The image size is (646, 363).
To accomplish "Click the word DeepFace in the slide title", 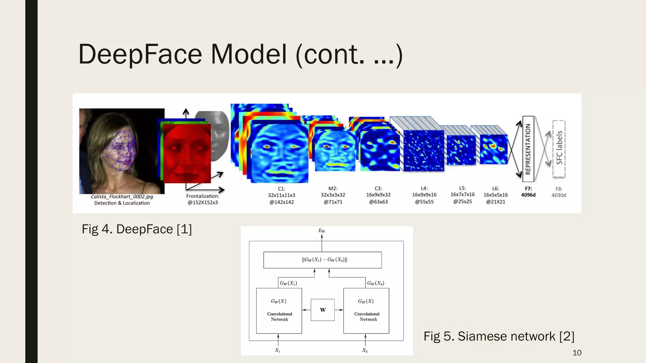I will (x=140, y=54).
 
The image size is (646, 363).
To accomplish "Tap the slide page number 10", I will (x=577, y=353).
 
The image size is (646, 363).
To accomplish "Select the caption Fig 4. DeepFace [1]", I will (x=137, y=229).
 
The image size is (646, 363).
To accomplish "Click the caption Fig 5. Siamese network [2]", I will (x=499, y=336).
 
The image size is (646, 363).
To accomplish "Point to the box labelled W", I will (x=322, y=310).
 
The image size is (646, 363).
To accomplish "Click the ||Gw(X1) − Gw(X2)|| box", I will (x=322, y=260).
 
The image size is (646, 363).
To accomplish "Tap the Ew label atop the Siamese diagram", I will (x=322, y=231).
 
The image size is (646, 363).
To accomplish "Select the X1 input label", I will (x=278, y=350).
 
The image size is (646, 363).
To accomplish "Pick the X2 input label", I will (x=365, y=350).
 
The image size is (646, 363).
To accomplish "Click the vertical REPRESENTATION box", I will (x=528, y=149).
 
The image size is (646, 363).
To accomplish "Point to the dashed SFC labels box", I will (x=559, y=148).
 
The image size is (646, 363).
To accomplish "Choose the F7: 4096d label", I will (x=528, y=192).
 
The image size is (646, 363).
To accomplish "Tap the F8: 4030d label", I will (x=559, y=192).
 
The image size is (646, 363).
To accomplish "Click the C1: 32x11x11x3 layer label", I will (x=282, y=195).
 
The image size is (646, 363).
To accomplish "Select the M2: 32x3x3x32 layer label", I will (x=333, y=195).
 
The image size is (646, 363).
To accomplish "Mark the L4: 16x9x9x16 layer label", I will (x=424, y=195).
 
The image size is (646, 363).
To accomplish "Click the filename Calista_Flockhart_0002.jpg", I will (x=122, y=197).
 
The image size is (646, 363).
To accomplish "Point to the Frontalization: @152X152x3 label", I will (x=203, y=199).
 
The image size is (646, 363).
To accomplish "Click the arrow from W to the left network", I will (x=306, y=310).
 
